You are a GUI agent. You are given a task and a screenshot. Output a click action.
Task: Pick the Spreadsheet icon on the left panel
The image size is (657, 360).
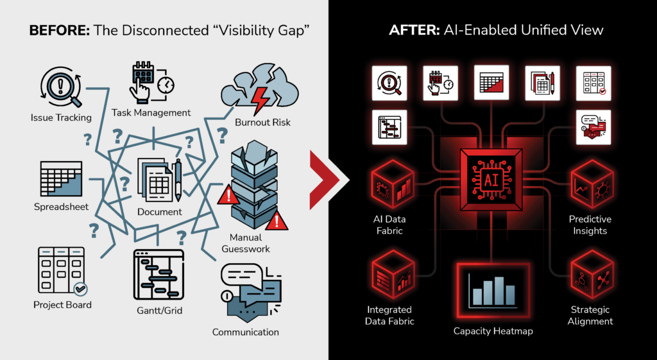(61, 179)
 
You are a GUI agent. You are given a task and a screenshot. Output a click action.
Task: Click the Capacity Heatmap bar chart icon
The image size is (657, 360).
(493, 291)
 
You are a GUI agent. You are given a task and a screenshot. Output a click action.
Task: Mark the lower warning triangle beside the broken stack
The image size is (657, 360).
(276, 221)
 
